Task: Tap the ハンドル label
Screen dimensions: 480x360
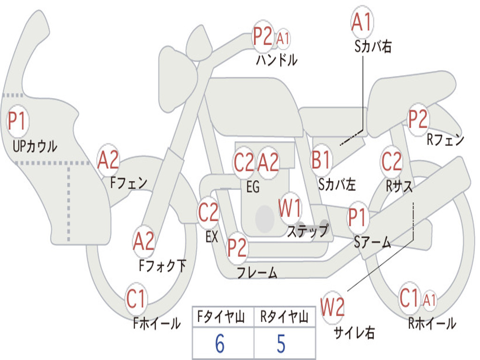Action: point(277,60)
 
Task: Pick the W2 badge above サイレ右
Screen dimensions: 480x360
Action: point(332,306)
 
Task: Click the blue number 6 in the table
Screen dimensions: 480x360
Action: point(220,344)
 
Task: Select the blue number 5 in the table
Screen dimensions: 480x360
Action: point(281,344)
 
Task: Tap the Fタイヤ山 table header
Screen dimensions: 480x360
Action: point(221,317)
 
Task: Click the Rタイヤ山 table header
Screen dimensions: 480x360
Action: point(285,317)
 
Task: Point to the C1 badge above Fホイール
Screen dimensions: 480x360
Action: point(135,299)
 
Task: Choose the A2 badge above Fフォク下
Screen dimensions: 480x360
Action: point(144,241)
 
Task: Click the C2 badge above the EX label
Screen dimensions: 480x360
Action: point(209,212)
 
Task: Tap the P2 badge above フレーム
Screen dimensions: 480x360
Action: point(237,247)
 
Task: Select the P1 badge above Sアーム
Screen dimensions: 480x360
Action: point(357,217)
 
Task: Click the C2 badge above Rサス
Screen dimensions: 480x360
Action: point(391,161)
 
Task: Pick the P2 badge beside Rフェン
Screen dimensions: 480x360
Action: point(418,119)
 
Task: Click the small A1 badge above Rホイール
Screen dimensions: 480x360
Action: point(429,300)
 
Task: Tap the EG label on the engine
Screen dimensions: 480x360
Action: point(253,187)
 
